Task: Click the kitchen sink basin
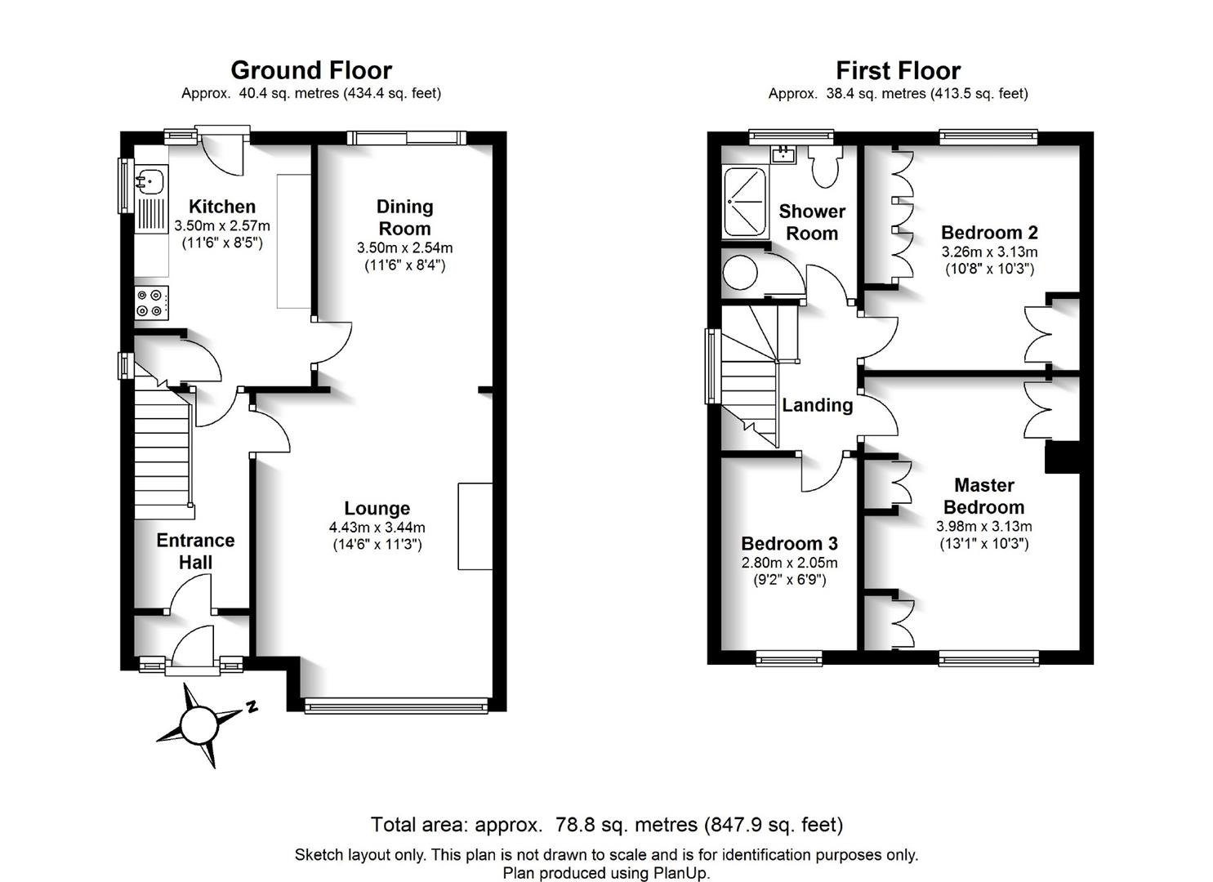150,180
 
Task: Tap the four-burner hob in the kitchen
151,303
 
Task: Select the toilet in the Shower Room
825,166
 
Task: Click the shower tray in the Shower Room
745,202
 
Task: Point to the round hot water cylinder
740,272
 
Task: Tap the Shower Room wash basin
783,154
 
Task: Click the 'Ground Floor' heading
311,70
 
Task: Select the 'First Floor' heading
899,70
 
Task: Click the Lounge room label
377,509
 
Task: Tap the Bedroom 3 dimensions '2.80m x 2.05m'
790,563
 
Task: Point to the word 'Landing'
817,405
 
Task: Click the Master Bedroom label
984,496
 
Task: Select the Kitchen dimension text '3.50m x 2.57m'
222,225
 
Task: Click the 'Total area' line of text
607,825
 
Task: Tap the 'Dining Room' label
404,218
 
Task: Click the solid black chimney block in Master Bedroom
1062,457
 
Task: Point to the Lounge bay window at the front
396,706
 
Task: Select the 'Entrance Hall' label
195,551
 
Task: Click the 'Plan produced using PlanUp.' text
606,873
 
